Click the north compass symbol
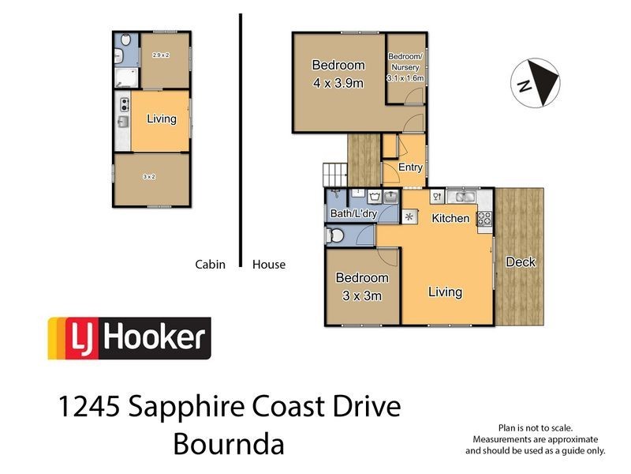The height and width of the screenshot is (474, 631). coord(537,81)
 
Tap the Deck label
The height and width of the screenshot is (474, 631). coord(521,262)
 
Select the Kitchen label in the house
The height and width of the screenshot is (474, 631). coord(450,218)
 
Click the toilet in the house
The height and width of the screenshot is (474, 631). coord(334,235)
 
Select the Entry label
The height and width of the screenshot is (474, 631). coord(410,167)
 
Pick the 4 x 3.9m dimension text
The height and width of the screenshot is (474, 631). coord(338,83)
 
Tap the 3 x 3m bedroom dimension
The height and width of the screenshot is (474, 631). coord(362,296)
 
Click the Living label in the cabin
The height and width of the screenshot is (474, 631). coord(161,119)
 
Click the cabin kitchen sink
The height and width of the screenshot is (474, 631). coord(123,122)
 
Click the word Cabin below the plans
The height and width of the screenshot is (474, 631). coord(211,265)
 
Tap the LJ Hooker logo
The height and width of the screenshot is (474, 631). coord(129,338)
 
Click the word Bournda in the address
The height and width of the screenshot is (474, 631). coord(228,444)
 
